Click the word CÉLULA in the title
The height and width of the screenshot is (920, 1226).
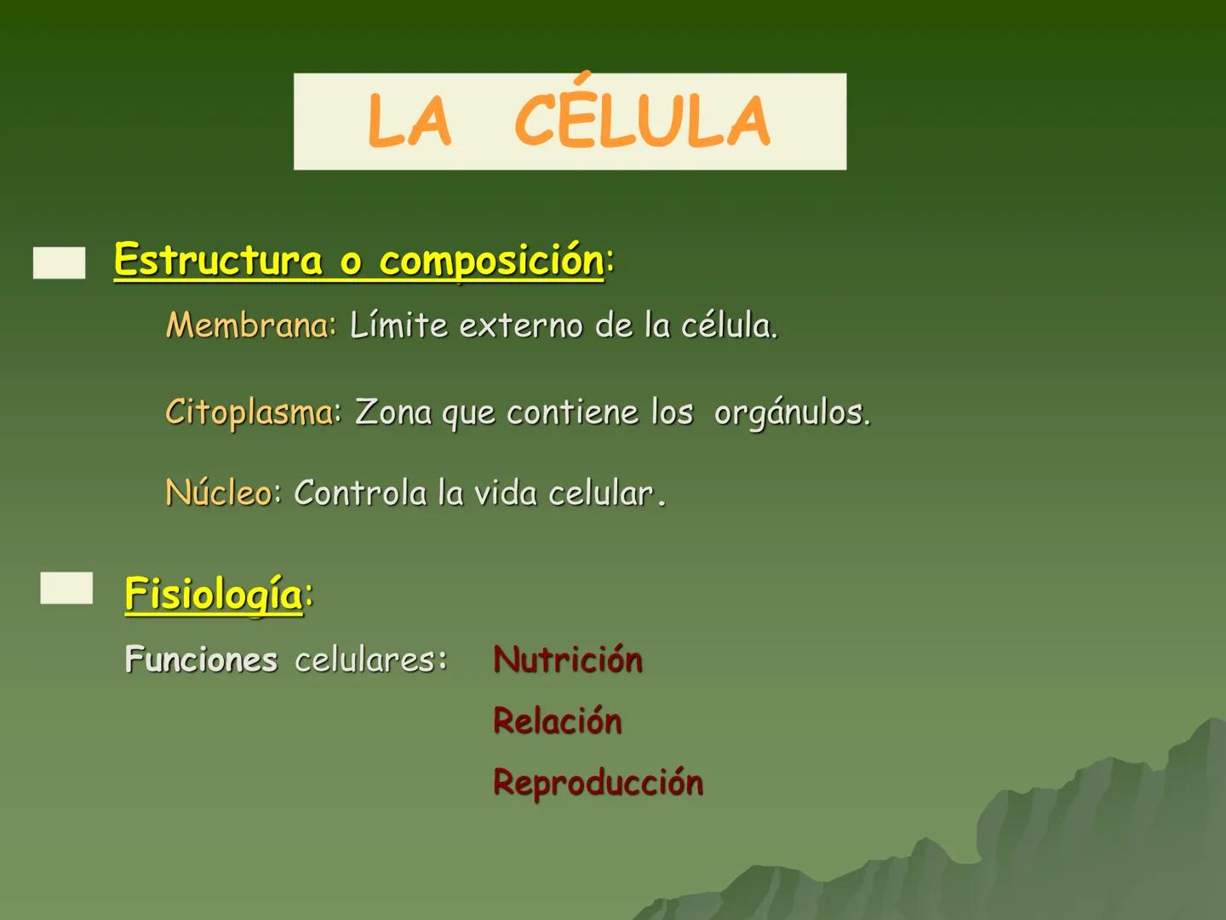pos(642,121)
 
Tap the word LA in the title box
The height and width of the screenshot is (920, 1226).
pos(409,122)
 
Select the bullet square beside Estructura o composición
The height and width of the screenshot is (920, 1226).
pos(60,262)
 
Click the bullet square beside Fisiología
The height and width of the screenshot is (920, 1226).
pos(66,588)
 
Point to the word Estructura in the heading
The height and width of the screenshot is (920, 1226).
pos(218,260)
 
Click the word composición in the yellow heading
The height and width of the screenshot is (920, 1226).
pos(491,261)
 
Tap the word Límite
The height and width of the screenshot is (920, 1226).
pos(398,325)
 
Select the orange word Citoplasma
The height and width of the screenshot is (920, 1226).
pos(249,412)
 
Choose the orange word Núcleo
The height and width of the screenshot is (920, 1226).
pos(218,492)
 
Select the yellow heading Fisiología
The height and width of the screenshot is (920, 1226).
pos(213,593)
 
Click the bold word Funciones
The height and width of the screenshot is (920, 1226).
pos(201,659)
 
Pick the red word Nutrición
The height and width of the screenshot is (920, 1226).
pos(568,659)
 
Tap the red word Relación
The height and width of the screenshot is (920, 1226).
pos(558,721)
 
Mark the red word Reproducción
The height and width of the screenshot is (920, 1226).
pos(599,782)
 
